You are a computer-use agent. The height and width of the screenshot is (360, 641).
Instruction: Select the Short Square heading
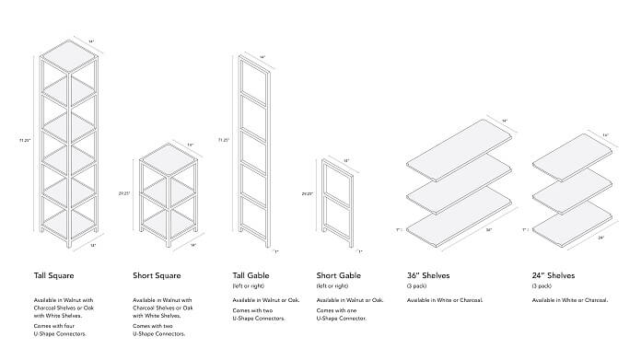pyautogui.click(x=159, y=274)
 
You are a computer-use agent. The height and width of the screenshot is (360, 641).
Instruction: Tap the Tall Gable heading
pyautogui.click(x=253, y=274)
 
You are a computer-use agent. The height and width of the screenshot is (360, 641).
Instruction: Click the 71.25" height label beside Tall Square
pyautogui.click(x=25, y=141)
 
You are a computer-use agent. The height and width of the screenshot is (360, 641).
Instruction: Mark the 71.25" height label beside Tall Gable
pyautogui.click(x=223, y=140)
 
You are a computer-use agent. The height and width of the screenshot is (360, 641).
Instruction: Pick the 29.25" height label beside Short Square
pyautogui.click(x=124, y=193)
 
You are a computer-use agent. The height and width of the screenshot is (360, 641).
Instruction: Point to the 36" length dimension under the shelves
pyautogui.click(x=488, y=230)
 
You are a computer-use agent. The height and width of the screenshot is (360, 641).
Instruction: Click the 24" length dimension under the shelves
pyautogui.click(x=600, y=237)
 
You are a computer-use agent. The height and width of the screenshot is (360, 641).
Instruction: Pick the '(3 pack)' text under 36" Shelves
pyautogui.click(x=418, y=286)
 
